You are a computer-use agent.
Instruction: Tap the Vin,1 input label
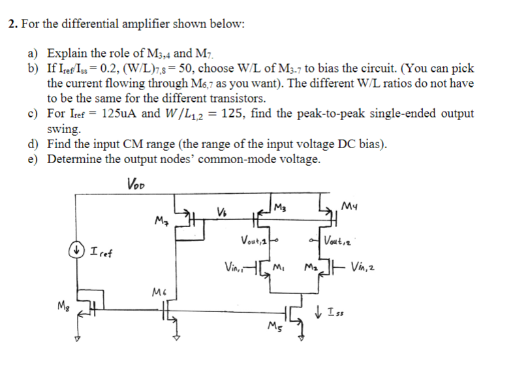pyautogui.click(x=234, y=267)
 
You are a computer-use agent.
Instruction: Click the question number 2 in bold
pyautogui.click(x=12, y=25)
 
